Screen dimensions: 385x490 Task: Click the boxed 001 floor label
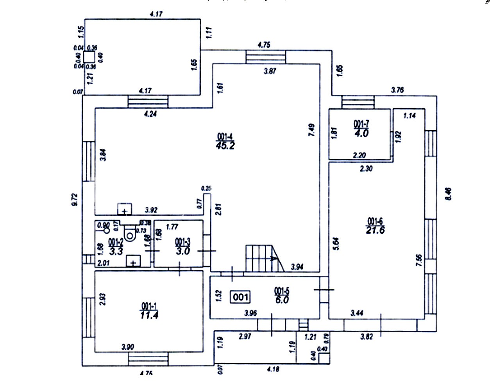click(240, 297)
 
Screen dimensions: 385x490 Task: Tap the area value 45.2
click(225, 146)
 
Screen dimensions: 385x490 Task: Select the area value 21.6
click(375, 231)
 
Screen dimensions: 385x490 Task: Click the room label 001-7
click(361, 124)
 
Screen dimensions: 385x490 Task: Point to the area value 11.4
click(149, 315)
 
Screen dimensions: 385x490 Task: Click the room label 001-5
click(282, 291)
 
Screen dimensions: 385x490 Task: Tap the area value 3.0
click(183, 251)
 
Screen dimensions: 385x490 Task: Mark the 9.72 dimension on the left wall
click(75, 199)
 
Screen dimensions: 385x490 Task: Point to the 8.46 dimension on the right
click(448, 193)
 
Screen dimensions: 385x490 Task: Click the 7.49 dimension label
click(311, 130)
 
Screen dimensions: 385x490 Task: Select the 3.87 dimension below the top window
click(270, 71)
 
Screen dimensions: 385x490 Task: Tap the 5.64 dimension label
click(336, 244)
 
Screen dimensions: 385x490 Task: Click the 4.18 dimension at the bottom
click(273, 369)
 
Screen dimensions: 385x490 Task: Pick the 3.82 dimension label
click(367, 336)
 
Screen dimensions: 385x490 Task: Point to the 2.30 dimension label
click(366, 169)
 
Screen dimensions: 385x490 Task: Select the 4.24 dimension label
click(150, 114)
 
